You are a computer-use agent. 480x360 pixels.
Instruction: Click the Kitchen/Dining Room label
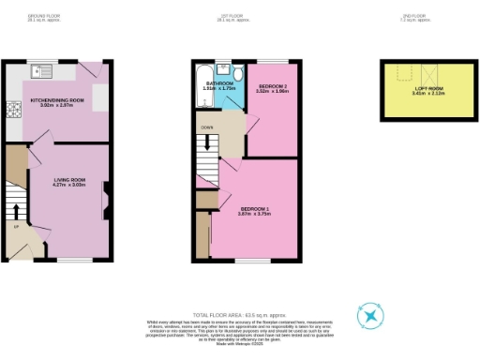pos(57,98)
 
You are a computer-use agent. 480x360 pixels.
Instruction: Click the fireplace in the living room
pos(104,194)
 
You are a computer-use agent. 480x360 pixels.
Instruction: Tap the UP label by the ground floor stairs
pos(16,225)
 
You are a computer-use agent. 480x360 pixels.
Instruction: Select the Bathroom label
pos(219,82)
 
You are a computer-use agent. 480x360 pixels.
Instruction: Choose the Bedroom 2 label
pos(274,85)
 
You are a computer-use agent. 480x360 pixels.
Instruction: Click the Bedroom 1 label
pos(256,207)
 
